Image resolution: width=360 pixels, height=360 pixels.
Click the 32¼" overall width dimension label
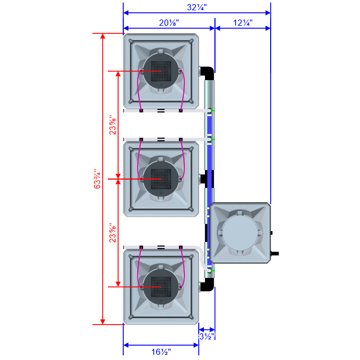[x=196, y=8]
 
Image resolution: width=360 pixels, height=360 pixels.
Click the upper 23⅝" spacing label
[x=113, y=123]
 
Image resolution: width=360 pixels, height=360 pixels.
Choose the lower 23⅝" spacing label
[x=113, y=232]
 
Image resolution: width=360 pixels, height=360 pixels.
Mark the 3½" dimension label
[x=206, y=336]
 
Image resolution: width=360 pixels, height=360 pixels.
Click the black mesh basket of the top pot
[x=161, y=70]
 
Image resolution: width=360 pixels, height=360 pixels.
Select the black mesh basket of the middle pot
[x=161, y=179]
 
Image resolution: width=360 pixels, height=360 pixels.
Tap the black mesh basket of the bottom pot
[x=161, y=286]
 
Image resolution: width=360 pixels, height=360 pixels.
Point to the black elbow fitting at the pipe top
[x=207, y=72]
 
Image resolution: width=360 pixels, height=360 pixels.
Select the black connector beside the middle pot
[x=203, y=179]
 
